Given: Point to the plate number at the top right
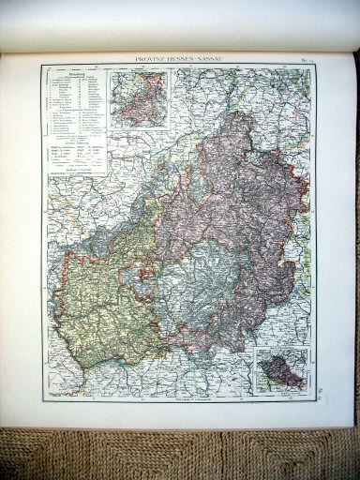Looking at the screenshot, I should pyautogui.click(x=307, y=59).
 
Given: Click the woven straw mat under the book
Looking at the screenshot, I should pyautogui.click(x=178, y=455).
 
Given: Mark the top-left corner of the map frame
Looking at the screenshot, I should pyautogui.click(x=41, y=66).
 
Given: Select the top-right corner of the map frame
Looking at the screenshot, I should pyautogui.click(x=317, y=66).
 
